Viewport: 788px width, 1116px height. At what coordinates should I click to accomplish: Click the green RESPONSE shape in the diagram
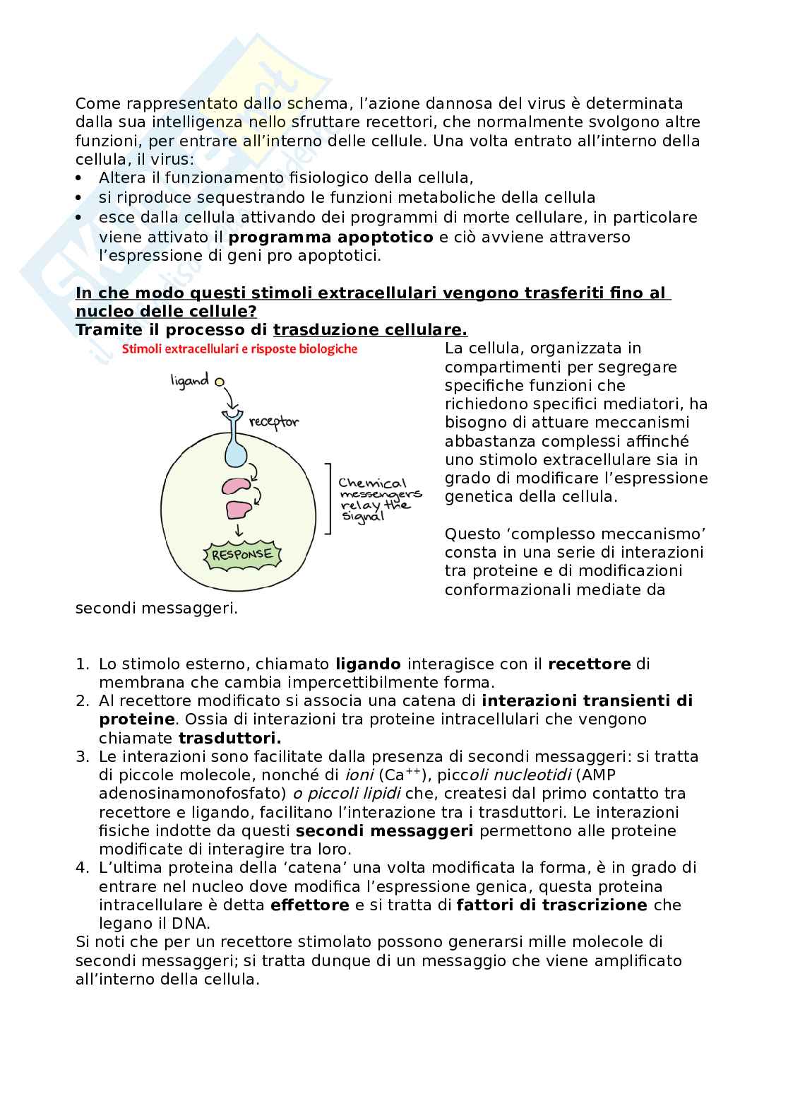242,554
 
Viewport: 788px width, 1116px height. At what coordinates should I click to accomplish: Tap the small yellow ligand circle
220,382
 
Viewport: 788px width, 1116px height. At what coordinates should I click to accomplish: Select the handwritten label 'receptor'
274,422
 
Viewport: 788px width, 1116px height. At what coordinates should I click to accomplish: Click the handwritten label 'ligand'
190,381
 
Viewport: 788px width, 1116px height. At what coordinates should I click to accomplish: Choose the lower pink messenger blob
238,509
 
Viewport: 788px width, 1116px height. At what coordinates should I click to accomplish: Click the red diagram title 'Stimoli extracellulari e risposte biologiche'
240,349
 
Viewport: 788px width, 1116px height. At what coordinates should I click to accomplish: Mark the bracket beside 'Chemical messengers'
329,499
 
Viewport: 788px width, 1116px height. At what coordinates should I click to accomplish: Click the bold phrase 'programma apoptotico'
330,237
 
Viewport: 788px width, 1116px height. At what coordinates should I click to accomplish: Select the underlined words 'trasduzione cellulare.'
370,330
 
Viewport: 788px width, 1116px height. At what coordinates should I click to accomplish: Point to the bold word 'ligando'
368,664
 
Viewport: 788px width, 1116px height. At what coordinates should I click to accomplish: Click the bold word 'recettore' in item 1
589,664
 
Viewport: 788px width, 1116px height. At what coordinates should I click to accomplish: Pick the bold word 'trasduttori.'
229,738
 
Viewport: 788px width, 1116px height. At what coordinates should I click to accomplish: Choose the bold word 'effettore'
309,905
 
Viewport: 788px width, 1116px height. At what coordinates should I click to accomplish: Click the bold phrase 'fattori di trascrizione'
552,905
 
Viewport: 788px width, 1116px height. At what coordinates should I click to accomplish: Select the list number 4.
82,867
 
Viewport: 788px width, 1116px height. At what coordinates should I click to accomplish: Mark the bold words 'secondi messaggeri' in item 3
384,830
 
